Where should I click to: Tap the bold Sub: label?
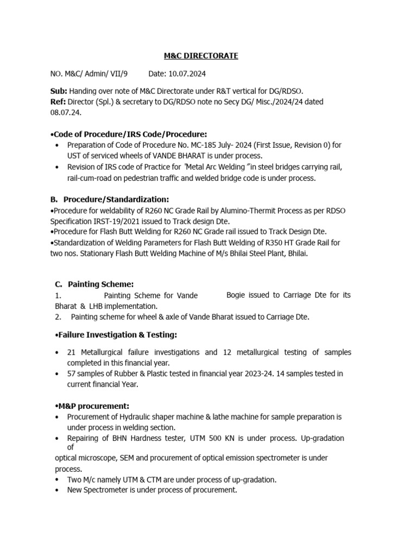59,91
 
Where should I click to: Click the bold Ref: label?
59,102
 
